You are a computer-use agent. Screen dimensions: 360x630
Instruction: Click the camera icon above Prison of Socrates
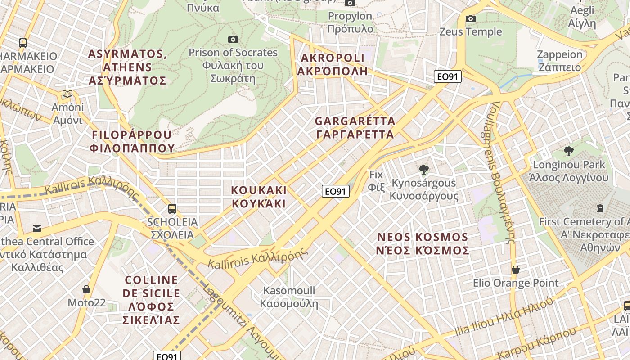[233, 39]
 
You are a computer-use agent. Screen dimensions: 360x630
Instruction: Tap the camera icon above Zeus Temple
[471, 18]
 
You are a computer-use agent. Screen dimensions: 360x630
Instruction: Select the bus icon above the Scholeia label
[172, 208]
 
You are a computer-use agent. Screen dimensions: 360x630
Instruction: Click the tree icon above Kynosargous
[423, 170]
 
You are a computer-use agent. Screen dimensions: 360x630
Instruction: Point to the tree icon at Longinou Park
[569, 151]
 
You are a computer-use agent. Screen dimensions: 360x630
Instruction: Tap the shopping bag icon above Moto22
[86, 289]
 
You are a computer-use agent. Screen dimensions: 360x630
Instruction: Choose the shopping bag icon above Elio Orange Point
[516, 270]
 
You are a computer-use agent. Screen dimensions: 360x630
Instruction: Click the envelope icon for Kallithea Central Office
[37, 229]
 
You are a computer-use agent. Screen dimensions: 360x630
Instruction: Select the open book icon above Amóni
[67, 94]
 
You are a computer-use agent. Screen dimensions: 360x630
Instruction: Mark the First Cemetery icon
[600, 208]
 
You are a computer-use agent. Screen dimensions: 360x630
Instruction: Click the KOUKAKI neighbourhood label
[259, 197]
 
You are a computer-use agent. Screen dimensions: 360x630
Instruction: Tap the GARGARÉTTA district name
[355, 128]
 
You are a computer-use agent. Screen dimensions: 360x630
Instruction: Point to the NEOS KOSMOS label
[423, 244]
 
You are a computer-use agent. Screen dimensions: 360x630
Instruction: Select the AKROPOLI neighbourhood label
[333, 64]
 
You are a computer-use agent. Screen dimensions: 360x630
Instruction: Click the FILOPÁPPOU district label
[132, 141]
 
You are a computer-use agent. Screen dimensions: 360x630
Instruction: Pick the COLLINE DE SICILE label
[151, 300]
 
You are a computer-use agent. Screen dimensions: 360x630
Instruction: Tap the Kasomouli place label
[289, 297]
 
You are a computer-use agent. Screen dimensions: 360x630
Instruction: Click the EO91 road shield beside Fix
[336, 191]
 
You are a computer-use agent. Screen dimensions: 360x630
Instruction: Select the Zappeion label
[560, 61]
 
